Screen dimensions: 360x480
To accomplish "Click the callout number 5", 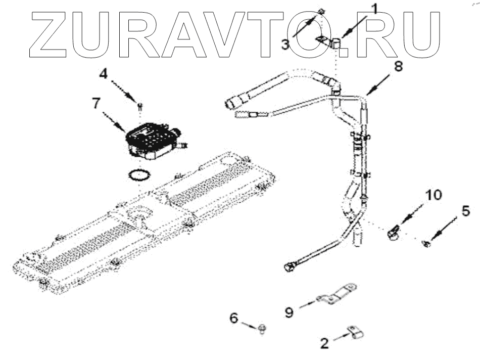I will (x=465, y=211).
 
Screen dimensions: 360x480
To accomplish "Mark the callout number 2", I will (x=324, y=343).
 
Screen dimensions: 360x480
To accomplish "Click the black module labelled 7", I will (x=150, y=137).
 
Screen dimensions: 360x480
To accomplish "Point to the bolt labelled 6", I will (x=262, y=329).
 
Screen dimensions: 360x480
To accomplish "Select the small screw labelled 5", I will (x=425, y=244).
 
